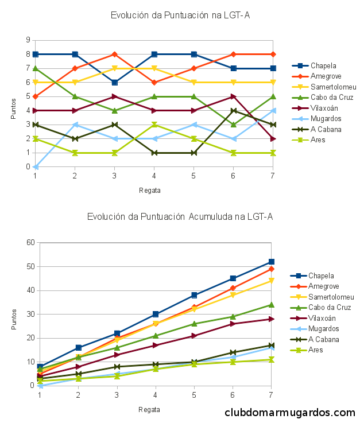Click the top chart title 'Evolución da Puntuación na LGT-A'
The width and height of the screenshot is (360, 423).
point(180,15)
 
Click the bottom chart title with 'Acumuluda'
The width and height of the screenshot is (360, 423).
point(180,216)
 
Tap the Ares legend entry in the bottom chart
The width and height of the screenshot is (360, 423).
point(316,350)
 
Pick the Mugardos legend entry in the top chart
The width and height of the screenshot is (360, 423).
point(325,118)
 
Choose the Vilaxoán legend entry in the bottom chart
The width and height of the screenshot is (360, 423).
point(322,318)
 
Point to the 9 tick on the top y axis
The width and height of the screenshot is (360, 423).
point(28,40)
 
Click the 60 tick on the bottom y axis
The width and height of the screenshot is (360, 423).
point(30,242)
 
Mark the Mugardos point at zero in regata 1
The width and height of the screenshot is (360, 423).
point(36,166)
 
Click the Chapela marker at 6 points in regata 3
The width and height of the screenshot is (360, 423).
point(115,82)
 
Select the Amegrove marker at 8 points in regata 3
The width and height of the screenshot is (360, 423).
point(115,54)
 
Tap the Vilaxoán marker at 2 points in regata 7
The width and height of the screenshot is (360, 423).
point(273,138)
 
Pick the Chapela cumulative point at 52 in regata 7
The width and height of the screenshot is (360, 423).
point(272,262)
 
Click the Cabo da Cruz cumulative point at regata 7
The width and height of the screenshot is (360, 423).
point(272,305)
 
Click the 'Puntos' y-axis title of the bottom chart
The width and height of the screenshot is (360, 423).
point(14,319)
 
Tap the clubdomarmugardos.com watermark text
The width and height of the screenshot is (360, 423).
point(290,413)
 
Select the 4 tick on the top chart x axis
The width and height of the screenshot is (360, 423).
point(154,175)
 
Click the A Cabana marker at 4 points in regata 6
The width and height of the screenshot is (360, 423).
point(234,110)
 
